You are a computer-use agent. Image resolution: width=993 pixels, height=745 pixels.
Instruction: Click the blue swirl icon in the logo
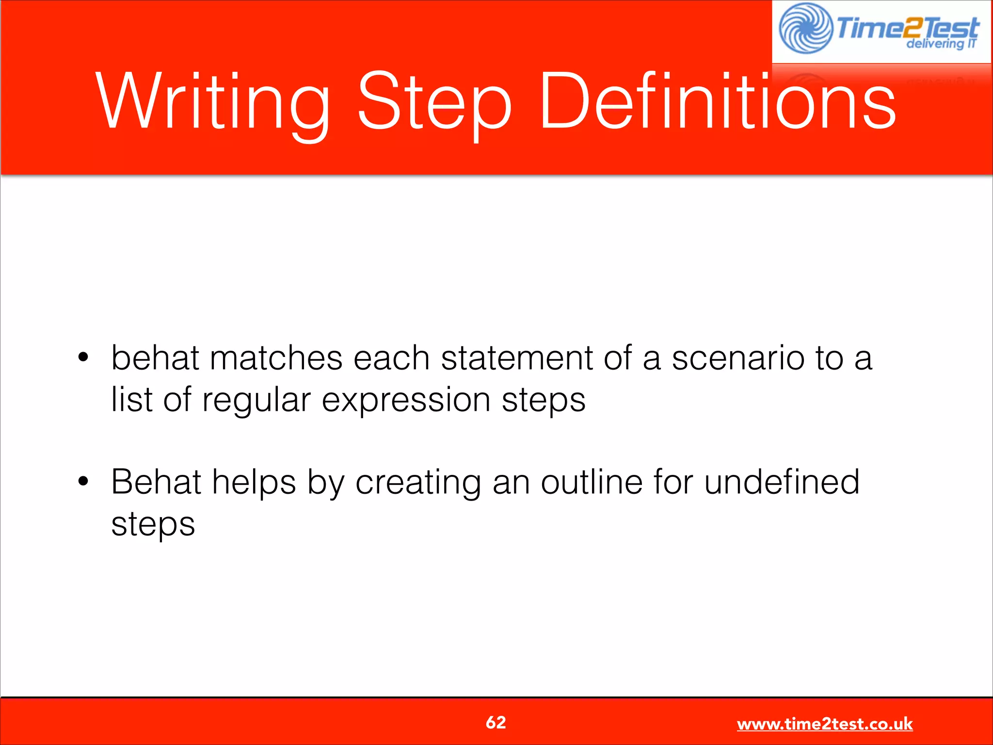tap(805, 28)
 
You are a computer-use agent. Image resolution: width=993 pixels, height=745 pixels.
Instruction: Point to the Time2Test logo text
tap(907, 27)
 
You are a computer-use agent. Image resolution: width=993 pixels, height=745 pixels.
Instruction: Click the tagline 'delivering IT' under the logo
tap(941, 44)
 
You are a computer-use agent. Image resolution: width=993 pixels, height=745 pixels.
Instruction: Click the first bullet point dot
tap(83, 358)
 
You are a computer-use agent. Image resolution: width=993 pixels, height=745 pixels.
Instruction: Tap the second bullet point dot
tap(83, 482)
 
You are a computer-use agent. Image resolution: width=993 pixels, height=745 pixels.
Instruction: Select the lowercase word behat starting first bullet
tap(155, 358)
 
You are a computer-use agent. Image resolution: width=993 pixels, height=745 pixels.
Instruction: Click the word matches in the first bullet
tap(276, 358)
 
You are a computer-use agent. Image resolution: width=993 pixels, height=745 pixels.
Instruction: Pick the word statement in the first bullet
tap(517, 358)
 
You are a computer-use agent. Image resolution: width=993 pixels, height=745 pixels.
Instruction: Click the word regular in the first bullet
tap(256, 401)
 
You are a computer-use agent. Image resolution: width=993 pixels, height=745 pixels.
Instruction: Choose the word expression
tap(406, 401)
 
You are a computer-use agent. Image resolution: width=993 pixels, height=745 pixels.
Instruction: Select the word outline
tap(592, 482)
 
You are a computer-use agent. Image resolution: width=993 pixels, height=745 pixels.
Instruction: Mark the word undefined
tap(782, 482)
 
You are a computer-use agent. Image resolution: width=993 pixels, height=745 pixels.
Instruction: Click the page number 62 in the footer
tap(496, 722)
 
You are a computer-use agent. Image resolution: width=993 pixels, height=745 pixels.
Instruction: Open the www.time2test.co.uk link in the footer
tap(824, 724)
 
